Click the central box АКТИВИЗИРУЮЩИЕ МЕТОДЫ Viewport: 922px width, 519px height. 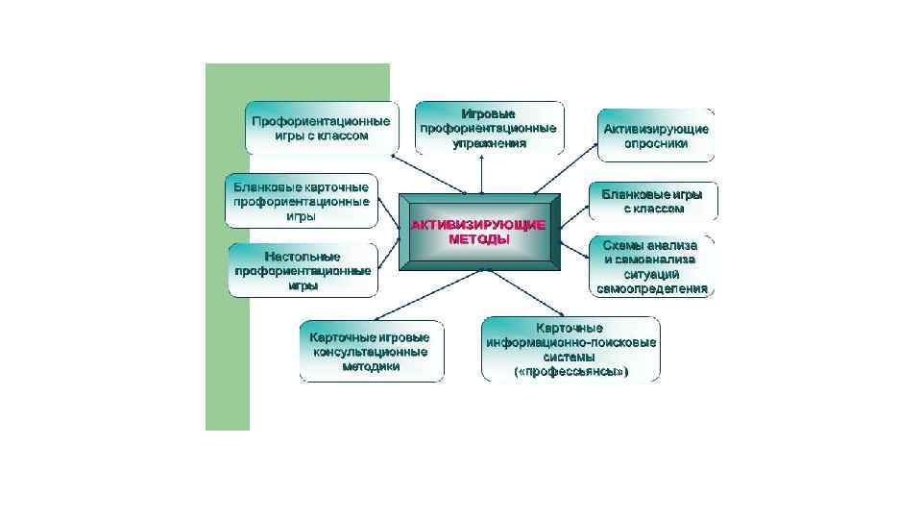[479, 233]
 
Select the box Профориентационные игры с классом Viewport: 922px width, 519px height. [321, 128]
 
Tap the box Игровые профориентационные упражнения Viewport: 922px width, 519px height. [489, 128]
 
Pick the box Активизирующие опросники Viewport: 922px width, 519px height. [656, 136]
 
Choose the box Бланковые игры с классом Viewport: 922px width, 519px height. [653, 202]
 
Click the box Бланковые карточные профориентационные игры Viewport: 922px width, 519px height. [302, 201]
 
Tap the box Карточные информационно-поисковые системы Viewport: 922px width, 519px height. [570, 350]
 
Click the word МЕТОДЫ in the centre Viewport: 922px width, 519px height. [479, 240]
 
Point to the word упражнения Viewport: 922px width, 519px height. [489, 143]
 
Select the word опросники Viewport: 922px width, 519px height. [656, 144]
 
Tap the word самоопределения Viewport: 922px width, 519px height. [652, 287]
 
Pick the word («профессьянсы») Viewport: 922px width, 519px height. [571, 371]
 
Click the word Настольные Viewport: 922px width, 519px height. [303, 256]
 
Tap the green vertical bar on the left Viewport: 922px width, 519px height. [227, 288]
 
